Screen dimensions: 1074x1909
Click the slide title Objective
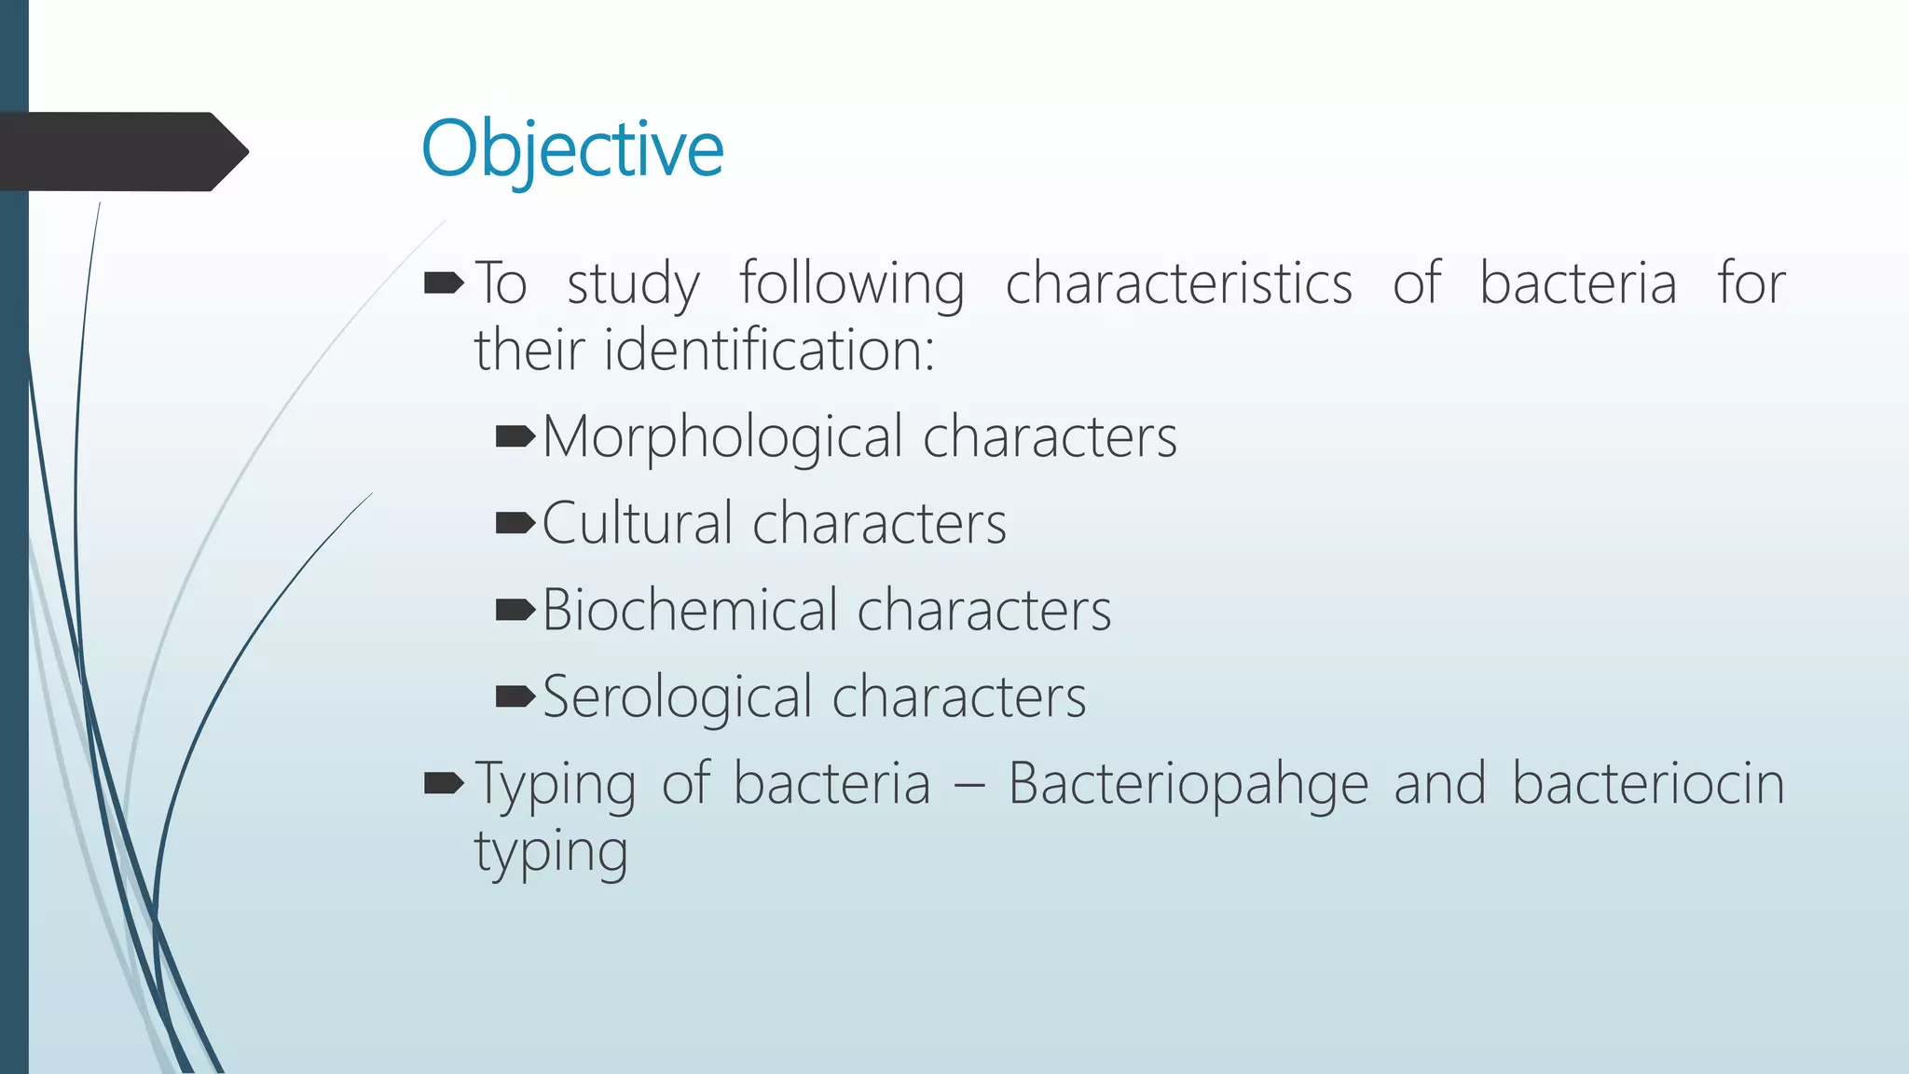click(571, 149)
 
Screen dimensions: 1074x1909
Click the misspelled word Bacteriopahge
click(1188, 783)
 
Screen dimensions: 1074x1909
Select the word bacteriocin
click(1647, 783)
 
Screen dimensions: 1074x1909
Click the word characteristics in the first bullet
click(1178, 283)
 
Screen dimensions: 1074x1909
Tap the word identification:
click(769, 351)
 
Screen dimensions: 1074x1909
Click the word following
click(852, 283)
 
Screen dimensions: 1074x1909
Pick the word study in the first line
click(633, 283)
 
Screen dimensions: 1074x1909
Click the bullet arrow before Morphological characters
click(515, 435)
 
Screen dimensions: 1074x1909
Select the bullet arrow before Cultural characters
click(515, 522)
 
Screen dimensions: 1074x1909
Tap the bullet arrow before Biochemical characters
click(515, 610)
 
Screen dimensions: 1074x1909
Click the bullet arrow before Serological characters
click(515, 695)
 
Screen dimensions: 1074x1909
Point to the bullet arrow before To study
click(444, 282)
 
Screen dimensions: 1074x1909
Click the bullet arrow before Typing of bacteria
click(444, 783)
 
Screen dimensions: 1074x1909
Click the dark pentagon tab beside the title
click(121, 152)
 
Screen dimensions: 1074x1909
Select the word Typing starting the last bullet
click(556, 783)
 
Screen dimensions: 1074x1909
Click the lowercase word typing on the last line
click(551, 852)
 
